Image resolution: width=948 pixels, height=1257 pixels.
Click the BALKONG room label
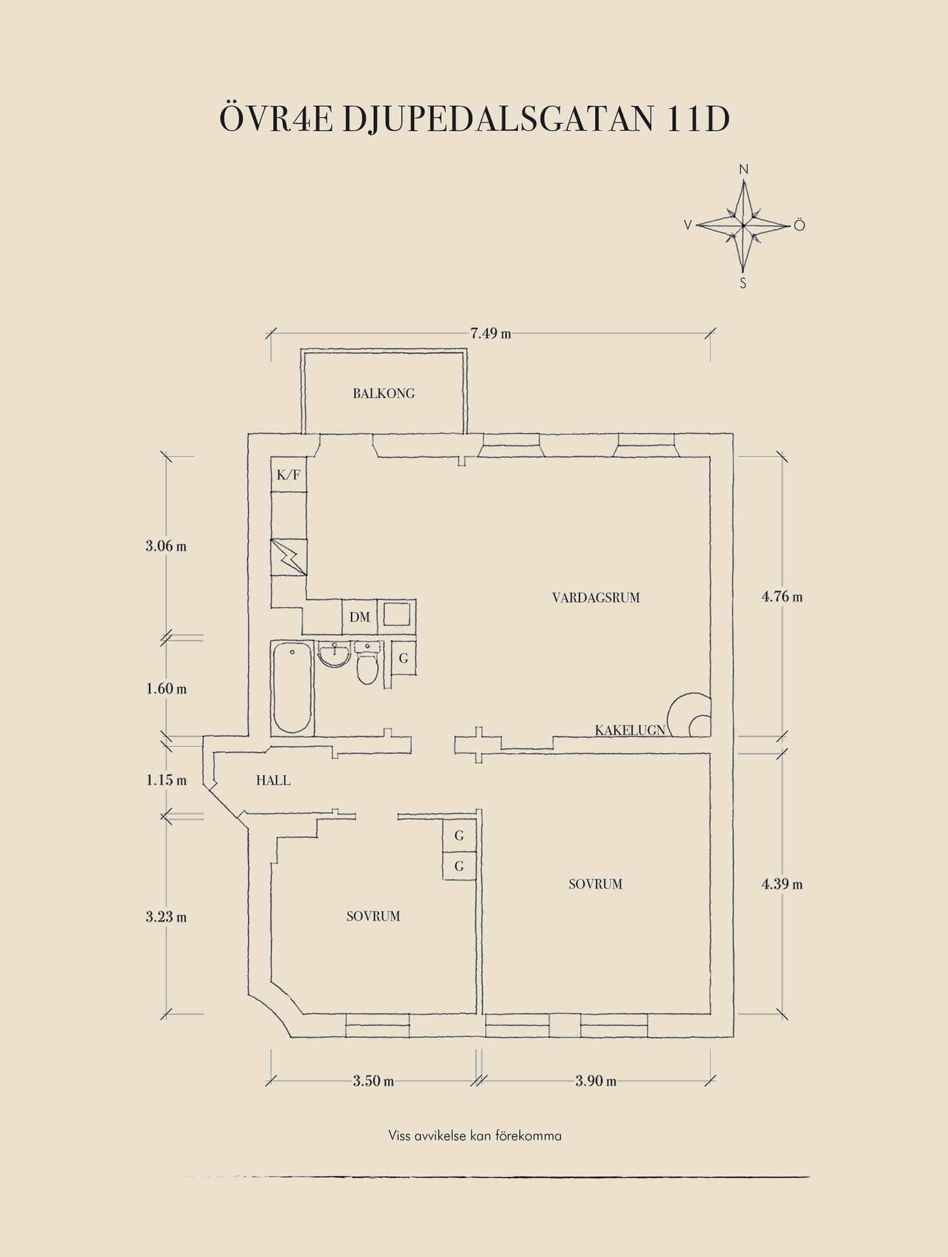(384, 393)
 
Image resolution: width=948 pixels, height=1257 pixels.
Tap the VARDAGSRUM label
(596, 598)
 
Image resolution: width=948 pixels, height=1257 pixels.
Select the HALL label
(273, 780)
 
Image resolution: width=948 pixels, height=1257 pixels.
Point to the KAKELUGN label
(630, 730)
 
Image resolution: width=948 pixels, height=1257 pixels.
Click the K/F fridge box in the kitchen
(289, 475)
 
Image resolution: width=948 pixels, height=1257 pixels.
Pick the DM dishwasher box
(359, 617)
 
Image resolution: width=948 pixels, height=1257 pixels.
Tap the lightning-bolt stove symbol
(289, 557)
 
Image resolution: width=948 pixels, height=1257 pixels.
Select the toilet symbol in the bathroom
(367, 664)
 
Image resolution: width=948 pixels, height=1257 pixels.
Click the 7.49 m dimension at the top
(490, 333)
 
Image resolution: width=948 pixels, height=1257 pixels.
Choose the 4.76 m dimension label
(782, 597)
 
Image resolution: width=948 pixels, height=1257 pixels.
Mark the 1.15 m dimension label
(166, 780)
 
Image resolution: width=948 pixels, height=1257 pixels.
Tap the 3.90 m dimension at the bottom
(596, 1081)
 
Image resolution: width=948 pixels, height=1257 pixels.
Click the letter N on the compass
(744, 170)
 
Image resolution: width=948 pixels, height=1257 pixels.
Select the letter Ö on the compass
(799, 226)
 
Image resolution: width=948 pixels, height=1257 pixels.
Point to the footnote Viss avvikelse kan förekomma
(475, 1136)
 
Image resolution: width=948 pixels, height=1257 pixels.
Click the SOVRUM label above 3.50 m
(373, 917)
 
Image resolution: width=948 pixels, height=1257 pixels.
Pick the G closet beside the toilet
(403, 659)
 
